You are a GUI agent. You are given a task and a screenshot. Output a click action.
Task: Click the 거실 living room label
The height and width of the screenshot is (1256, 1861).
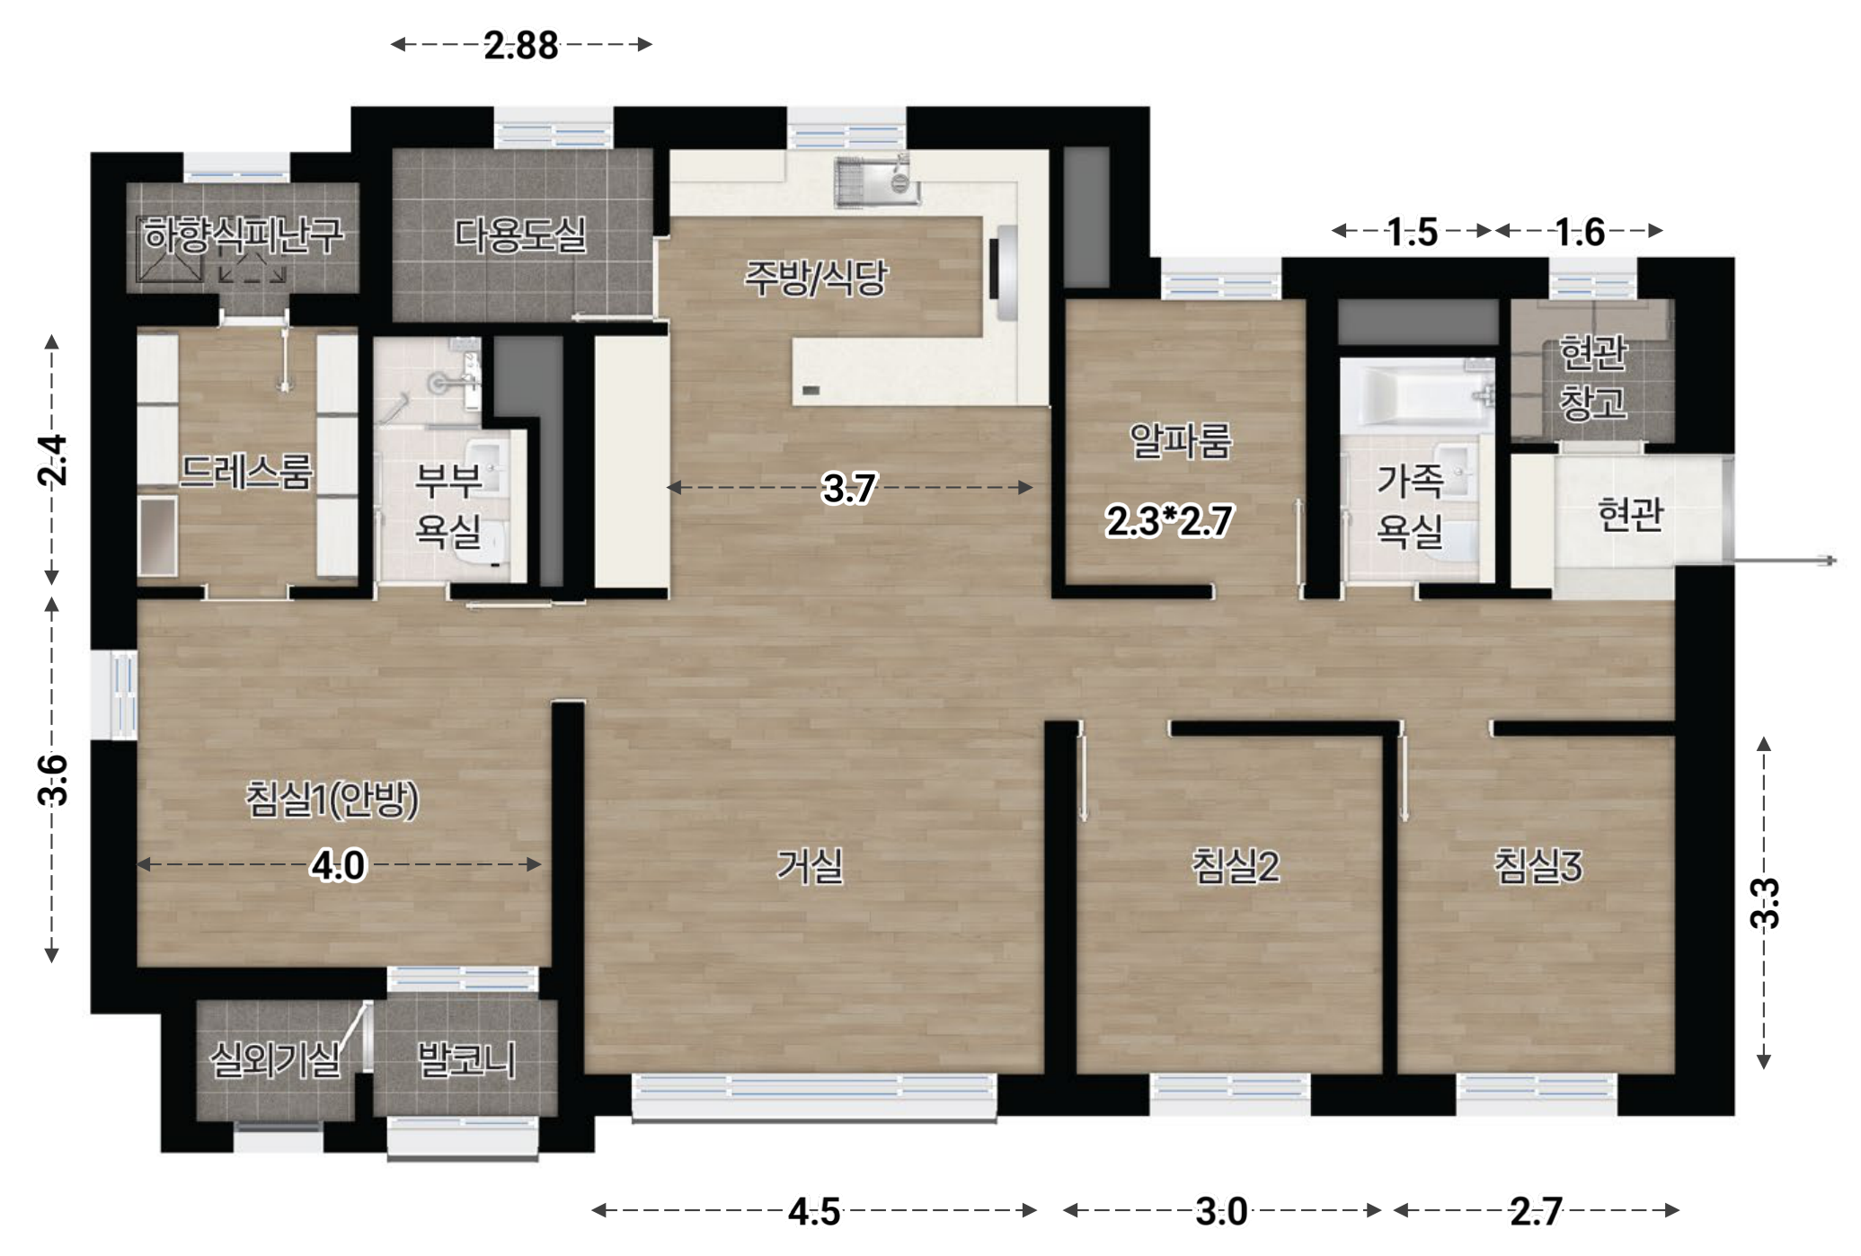coord(810,866)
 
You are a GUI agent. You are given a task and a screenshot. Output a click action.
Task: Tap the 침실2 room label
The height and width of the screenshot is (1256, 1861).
coord(1236,866)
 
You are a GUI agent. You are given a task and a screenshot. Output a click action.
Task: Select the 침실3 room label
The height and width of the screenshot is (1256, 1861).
coord(1538,866)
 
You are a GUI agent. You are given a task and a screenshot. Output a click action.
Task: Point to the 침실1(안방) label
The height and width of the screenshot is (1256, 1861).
coord(332,799)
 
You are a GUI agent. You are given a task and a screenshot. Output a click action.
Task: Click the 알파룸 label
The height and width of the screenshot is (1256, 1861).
coord(1180,440)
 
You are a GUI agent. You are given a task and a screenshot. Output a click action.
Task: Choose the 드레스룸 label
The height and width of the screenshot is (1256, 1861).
coord(245,471)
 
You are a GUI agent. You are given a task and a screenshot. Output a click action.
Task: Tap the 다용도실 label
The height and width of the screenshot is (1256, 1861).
coord(520,235)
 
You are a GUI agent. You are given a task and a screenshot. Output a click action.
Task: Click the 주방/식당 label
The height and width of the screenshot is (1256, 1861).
coord(815,278)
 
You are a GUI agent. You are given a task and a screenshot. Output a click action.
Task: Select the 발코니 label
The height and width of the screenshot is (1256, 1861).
coord(466,1060)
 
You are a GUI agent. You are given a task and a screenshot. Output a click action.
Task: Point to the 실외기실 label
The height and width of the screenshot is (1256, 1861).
coord(275,1060)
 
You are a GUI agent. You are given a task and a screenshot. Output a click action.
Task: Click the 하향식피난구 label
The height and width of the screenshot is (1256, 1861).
coord(244,235)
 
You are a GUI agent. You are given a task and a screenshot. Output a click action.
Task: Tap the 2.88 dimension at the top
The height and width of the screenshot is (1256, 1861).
coord(521,45)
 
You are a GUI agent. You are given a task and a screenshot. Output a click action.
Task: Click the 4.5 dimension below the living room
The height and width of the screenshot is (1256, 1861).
coord(814,1212)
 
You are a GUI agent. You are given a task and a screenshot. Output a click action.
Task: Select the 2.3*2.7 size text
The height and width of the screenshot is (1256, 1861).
coord(1169,521)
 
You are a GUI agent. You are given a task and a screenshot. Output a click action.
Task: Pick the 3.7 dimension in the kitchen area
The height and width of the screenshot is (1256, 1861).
coord(849,488)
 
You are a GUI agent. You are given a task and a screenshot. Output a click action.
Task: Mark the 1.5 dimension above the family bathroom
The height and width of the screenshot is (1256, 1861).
coord(1413,233)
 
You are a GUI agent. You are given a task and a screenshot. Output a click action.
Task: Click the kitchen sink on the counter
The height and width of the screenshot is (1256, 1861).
coord(877,181)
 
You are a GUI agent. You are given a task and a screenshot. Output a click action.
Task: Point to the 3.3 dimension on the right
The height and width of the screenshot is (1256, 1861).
coord(1765,903)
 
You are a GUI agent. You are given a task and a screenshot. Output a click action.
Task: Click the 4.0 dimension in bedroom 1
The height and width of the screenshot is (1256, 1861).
coord(338,866)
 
